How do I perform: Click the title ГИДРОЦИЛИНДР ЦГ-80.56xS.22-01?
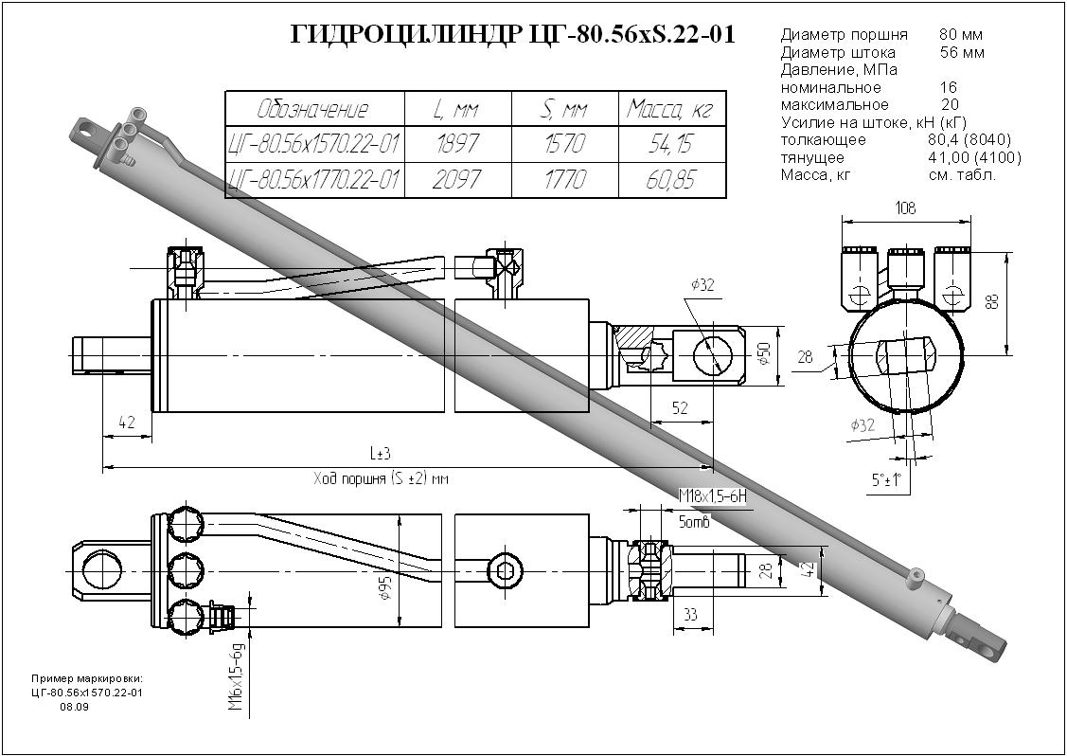point(512,36)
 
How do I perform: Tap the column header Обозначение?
point(313,109)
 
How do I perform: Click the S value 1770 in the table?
point(564,179)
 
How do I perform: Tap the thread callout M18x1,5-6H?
point(713,496)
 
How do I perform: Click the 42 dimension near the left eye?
point(126,422)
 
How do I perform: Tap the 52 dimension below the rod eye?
point(679,408)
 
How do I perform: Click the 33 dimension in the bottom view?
point(690,616)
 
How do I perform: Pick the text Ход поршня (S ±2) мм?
point(381,479)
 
